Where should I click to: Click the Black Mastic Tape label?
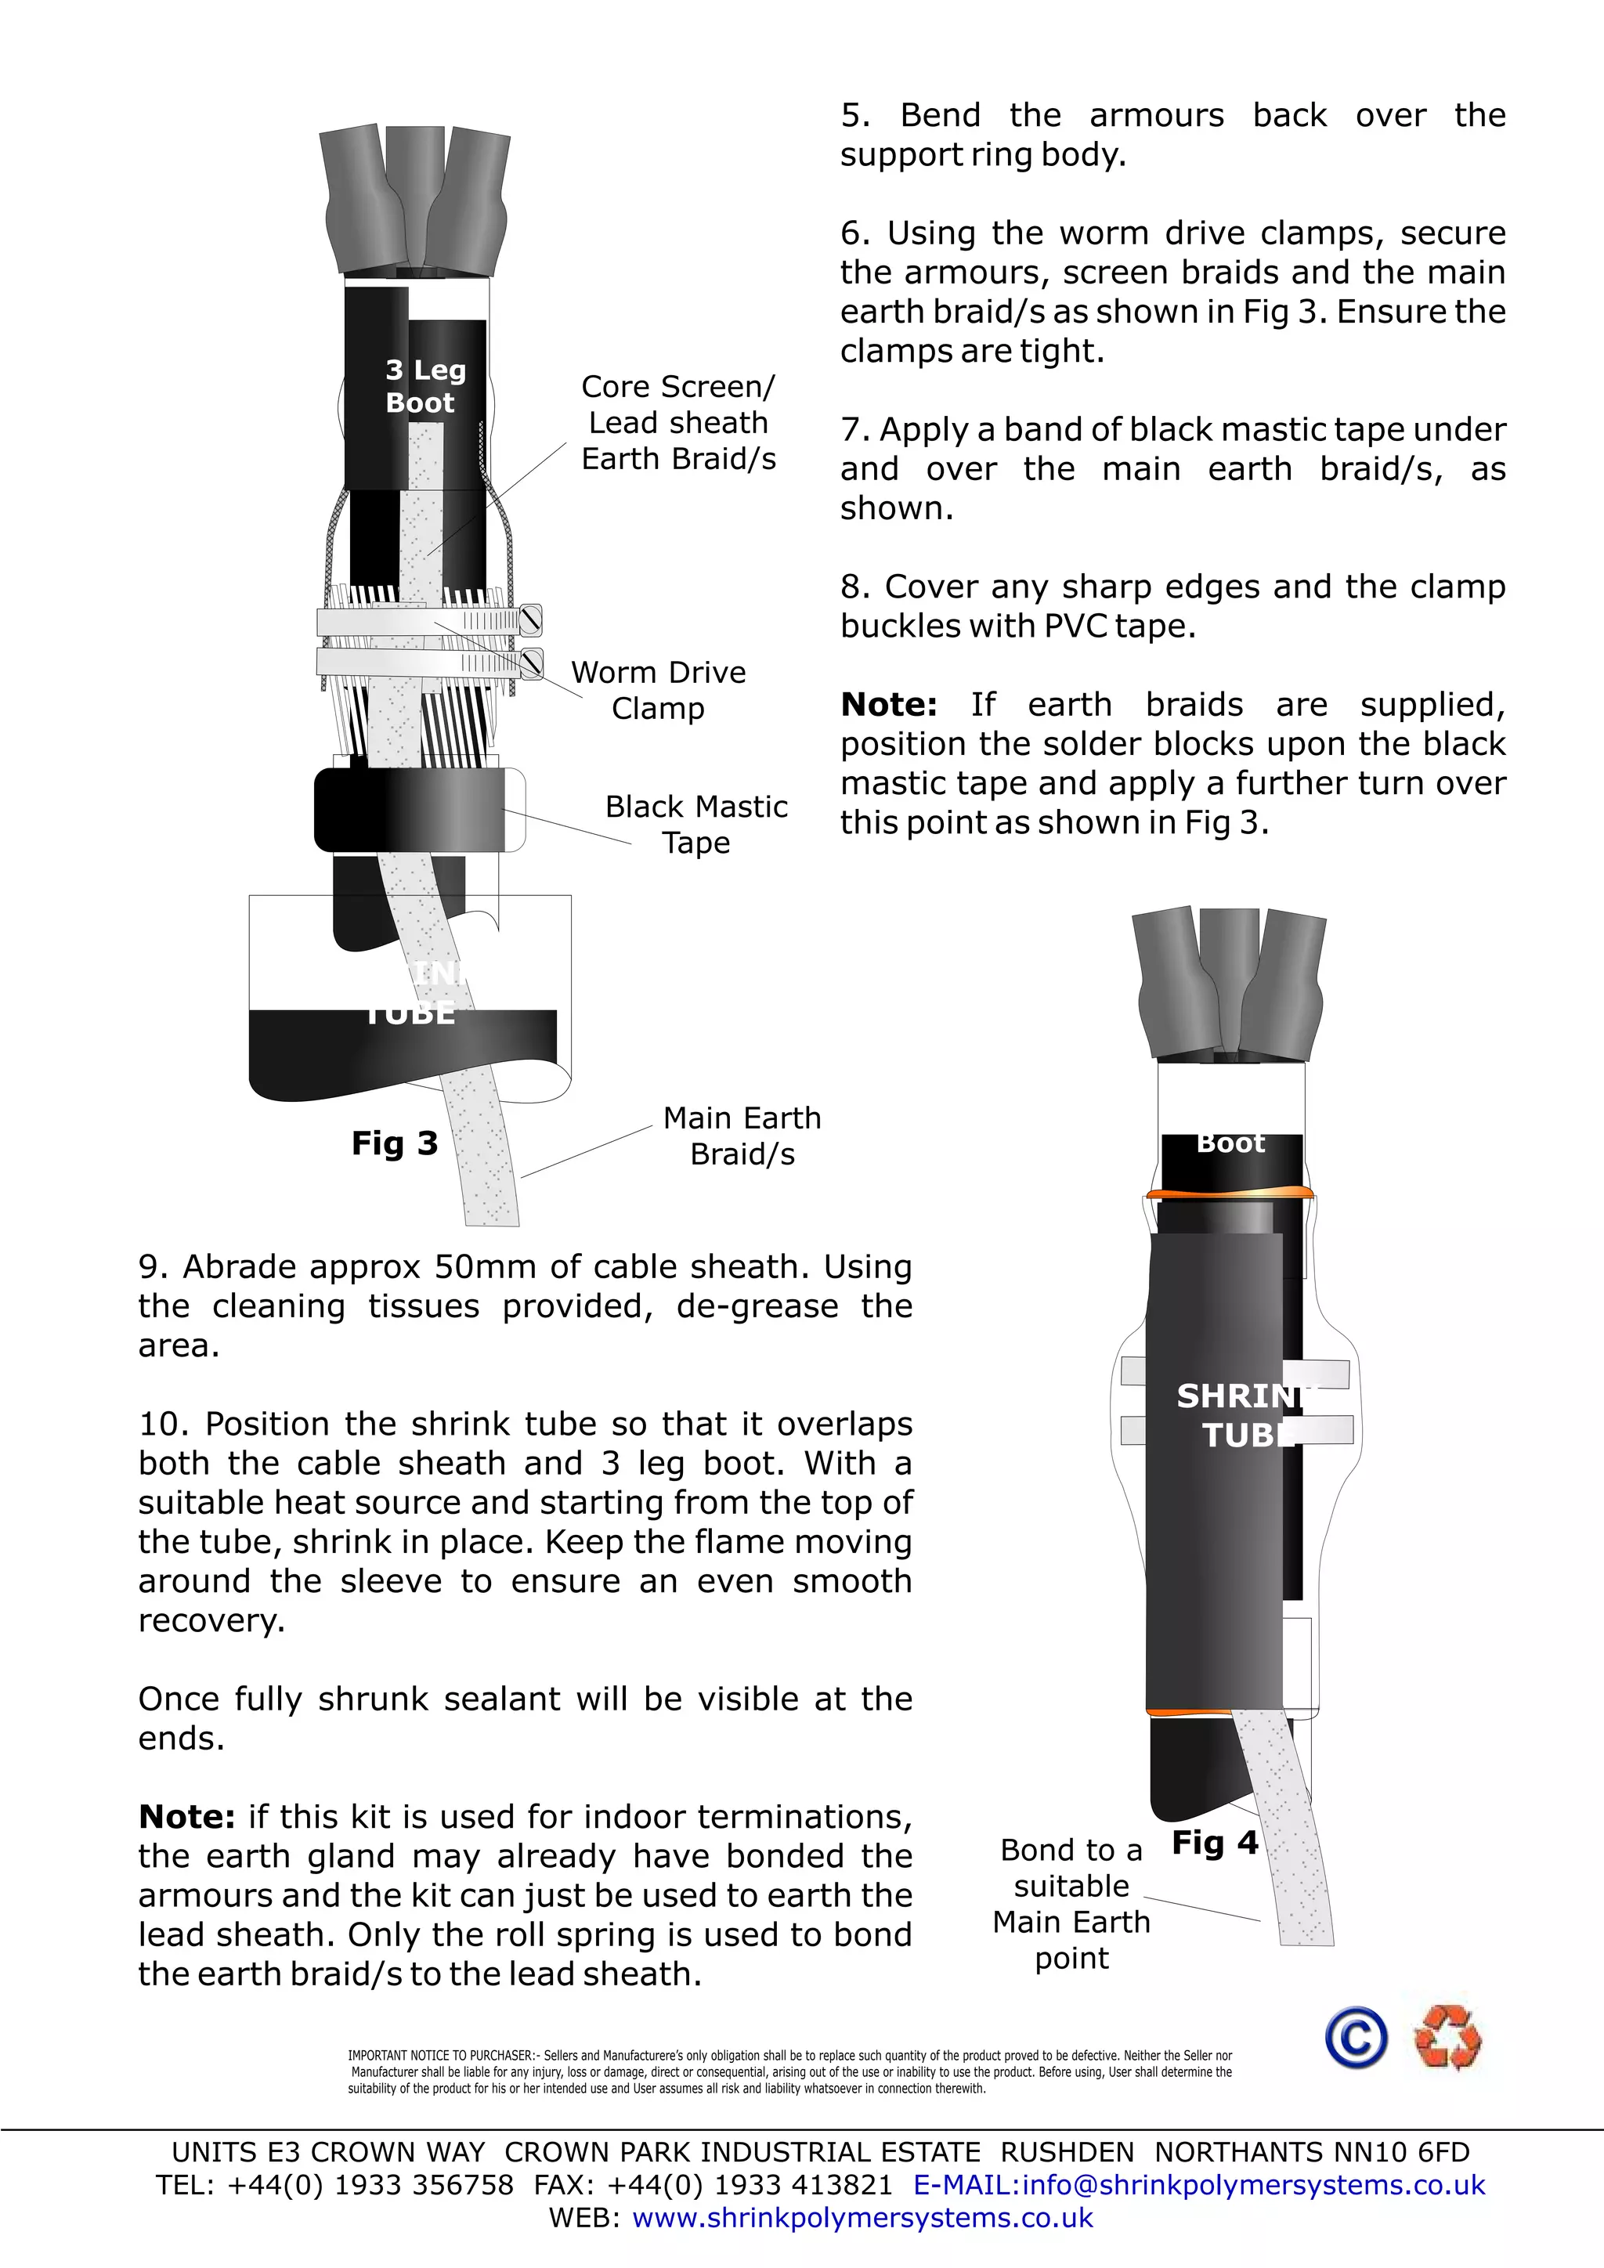click(x=695, y=824)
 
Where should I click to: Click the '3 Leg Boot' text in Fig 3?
click(x=424, y=386)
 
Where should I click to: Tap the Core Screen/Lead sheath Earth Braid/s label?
click(x=677, y=422)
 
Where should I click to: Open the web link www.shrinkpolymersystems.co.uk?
click(x=862, y=2218)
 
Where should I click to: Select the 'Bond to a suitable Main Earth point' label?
click(x=1071, y=1904)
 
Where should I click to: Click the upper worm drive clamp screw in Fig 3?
click(x=531, y=620)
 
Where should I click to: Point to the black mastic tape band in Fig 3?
click(x=415, y=810)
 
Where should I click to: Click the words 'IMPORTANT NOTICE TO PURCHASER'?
click(x=440, y=2056)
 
